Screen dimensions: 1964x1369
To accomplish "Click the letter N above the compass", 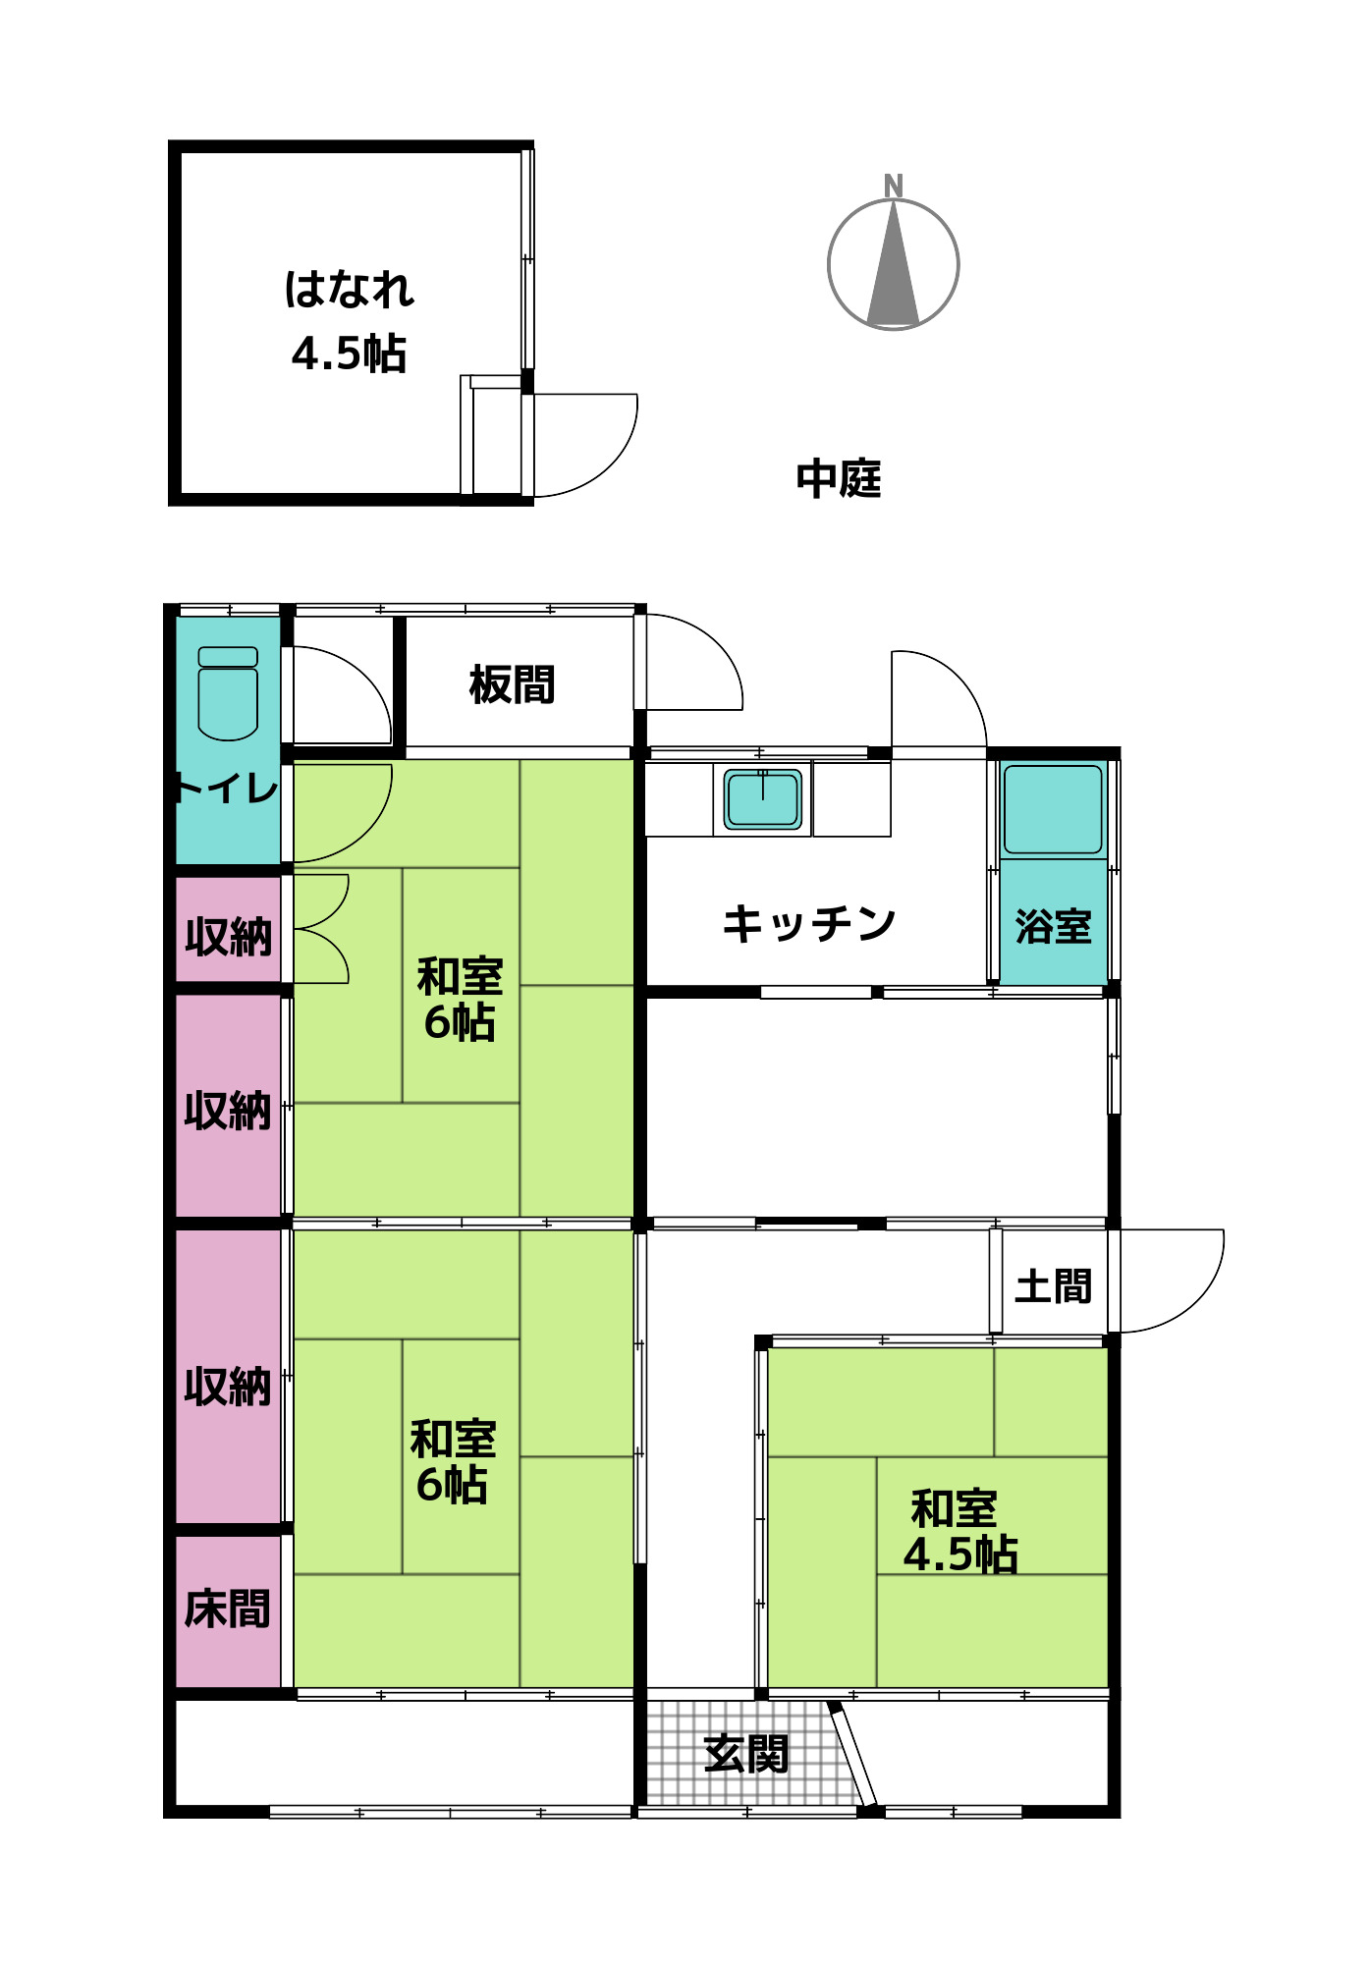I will tap(893, 185).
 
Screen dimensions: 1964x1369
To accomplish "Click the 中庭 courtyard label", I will tap(838, 479).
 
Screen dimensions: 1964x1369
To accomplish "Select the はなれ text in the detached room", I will tap(349, 290).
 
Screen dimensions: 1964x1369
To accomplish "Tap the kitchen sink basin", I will tap(763, 798).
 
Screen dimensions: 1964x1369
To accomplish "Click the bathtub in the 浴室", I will tap(1053, 809).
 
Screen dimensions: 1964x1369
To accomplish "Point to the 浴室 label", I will tap(1053, 926).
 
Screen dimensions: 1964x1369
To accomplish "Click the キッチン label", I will tap(808, 924).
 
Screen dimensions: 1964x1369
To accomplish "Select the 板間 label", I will tap(512, 684).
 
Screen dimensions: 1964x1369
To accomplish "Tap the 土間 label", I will tap(1053, 1285).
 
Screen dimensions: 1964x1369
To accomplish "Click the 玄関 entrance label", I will tap(746, 1754).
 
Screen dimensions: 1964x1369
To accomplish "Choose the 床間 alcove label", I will tap(227, 1609).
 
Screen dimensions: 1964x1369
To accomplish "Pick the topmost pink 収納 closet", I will tap(228, 936).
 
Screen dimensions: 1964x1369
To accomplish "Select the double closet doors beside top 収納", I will tap(321, 928).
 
